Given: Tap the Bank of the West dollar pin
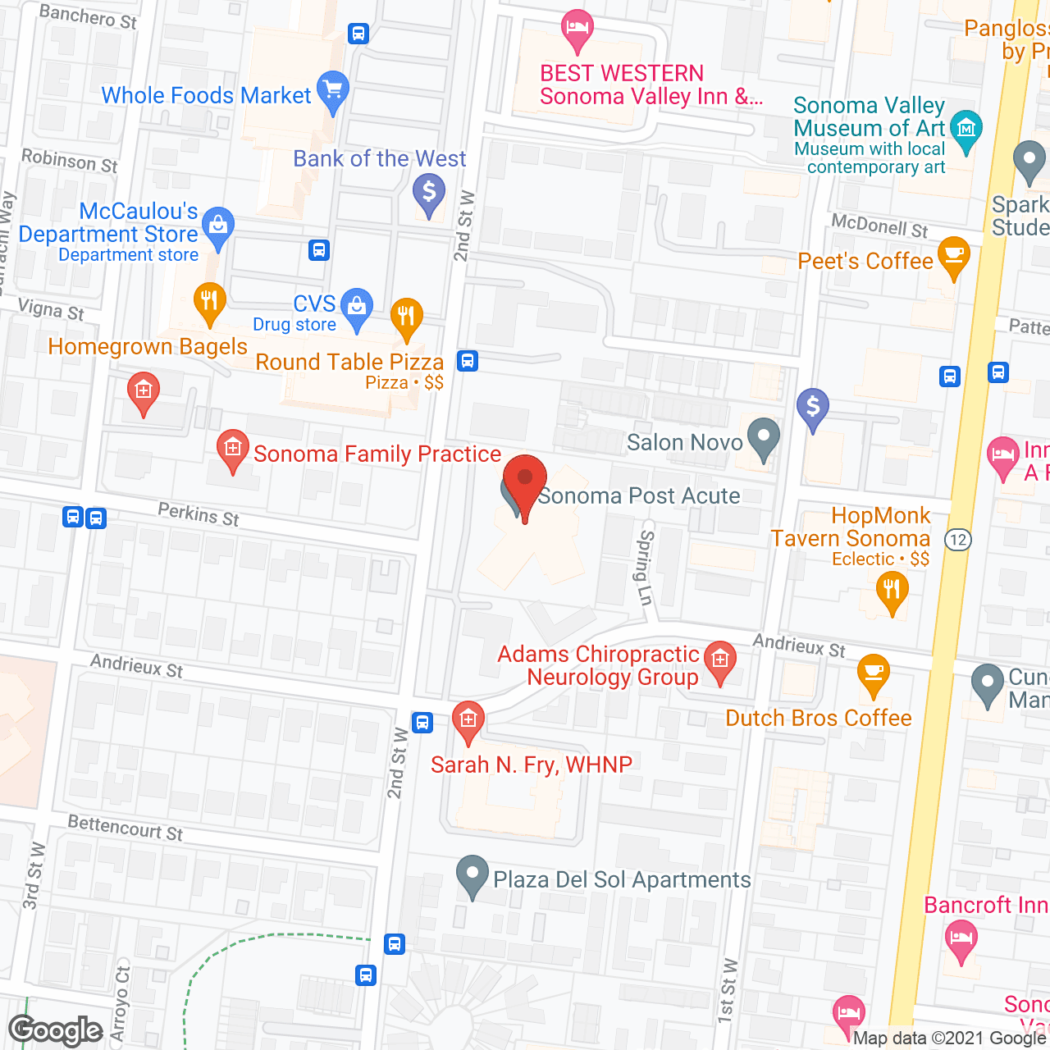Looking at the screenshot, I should pos(428,194).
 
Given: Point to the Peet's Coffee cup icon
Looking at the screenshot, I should pos(953,255).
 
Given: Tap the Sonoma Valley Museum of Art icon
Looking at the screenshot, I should pos(966,130).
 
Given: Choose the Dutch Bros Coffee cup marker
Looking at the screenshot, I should pos(874,673).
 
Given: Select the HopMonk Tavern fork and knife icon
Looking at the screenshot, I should pos(892,590).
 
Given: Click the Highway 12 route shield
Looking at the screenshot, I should pos(957,540).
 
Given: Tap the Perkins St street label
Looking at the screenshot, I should pos(199,514).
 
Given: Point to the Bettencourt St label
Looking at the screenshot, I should pos(126,828).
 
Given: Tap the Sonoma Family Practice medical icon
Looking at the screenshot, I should pos(233,449).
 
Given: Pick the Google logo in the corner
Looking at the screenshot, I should pos(56,1030).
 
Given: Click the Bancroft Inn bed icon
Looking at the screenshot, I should pos(960,938).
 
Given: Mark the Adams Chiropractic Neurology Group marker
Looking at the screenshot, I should pos(720,660).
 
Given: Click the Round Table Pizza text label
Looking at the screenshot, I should pos(349,362).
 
